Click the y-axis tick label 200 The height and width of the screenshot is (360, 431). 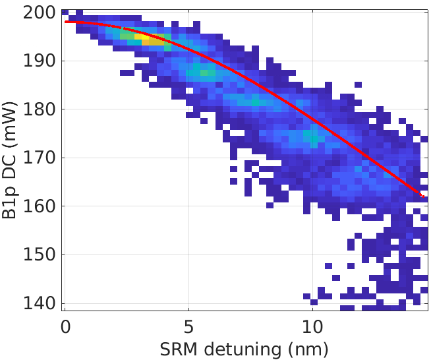[x=38, y=13]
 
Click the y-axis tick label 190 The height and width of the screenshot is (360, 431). [x=38, y=61]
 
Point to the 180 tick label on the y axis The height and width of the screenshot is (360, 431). [x=38, y=109]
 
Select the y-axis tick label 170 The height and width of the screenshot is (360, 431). [x=38, y=158]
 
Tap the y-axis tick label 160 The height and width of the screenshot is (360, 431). [x=38, y=206]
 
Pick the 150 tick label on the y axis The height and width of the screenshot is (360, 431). [x=38, y=255]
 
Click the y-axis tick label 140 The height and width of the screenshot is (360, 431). [x=38, y=303]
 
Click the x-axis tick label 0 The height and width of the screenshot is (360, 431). [x=65, y=327]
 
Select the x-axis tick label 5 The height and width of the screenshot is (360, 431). [x=188, y=327]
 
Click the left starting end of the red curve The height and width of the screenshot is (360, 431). [x=66, y=22]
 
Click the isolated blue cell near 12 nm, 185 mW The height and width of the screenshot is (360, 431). [x=358, y=84]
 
